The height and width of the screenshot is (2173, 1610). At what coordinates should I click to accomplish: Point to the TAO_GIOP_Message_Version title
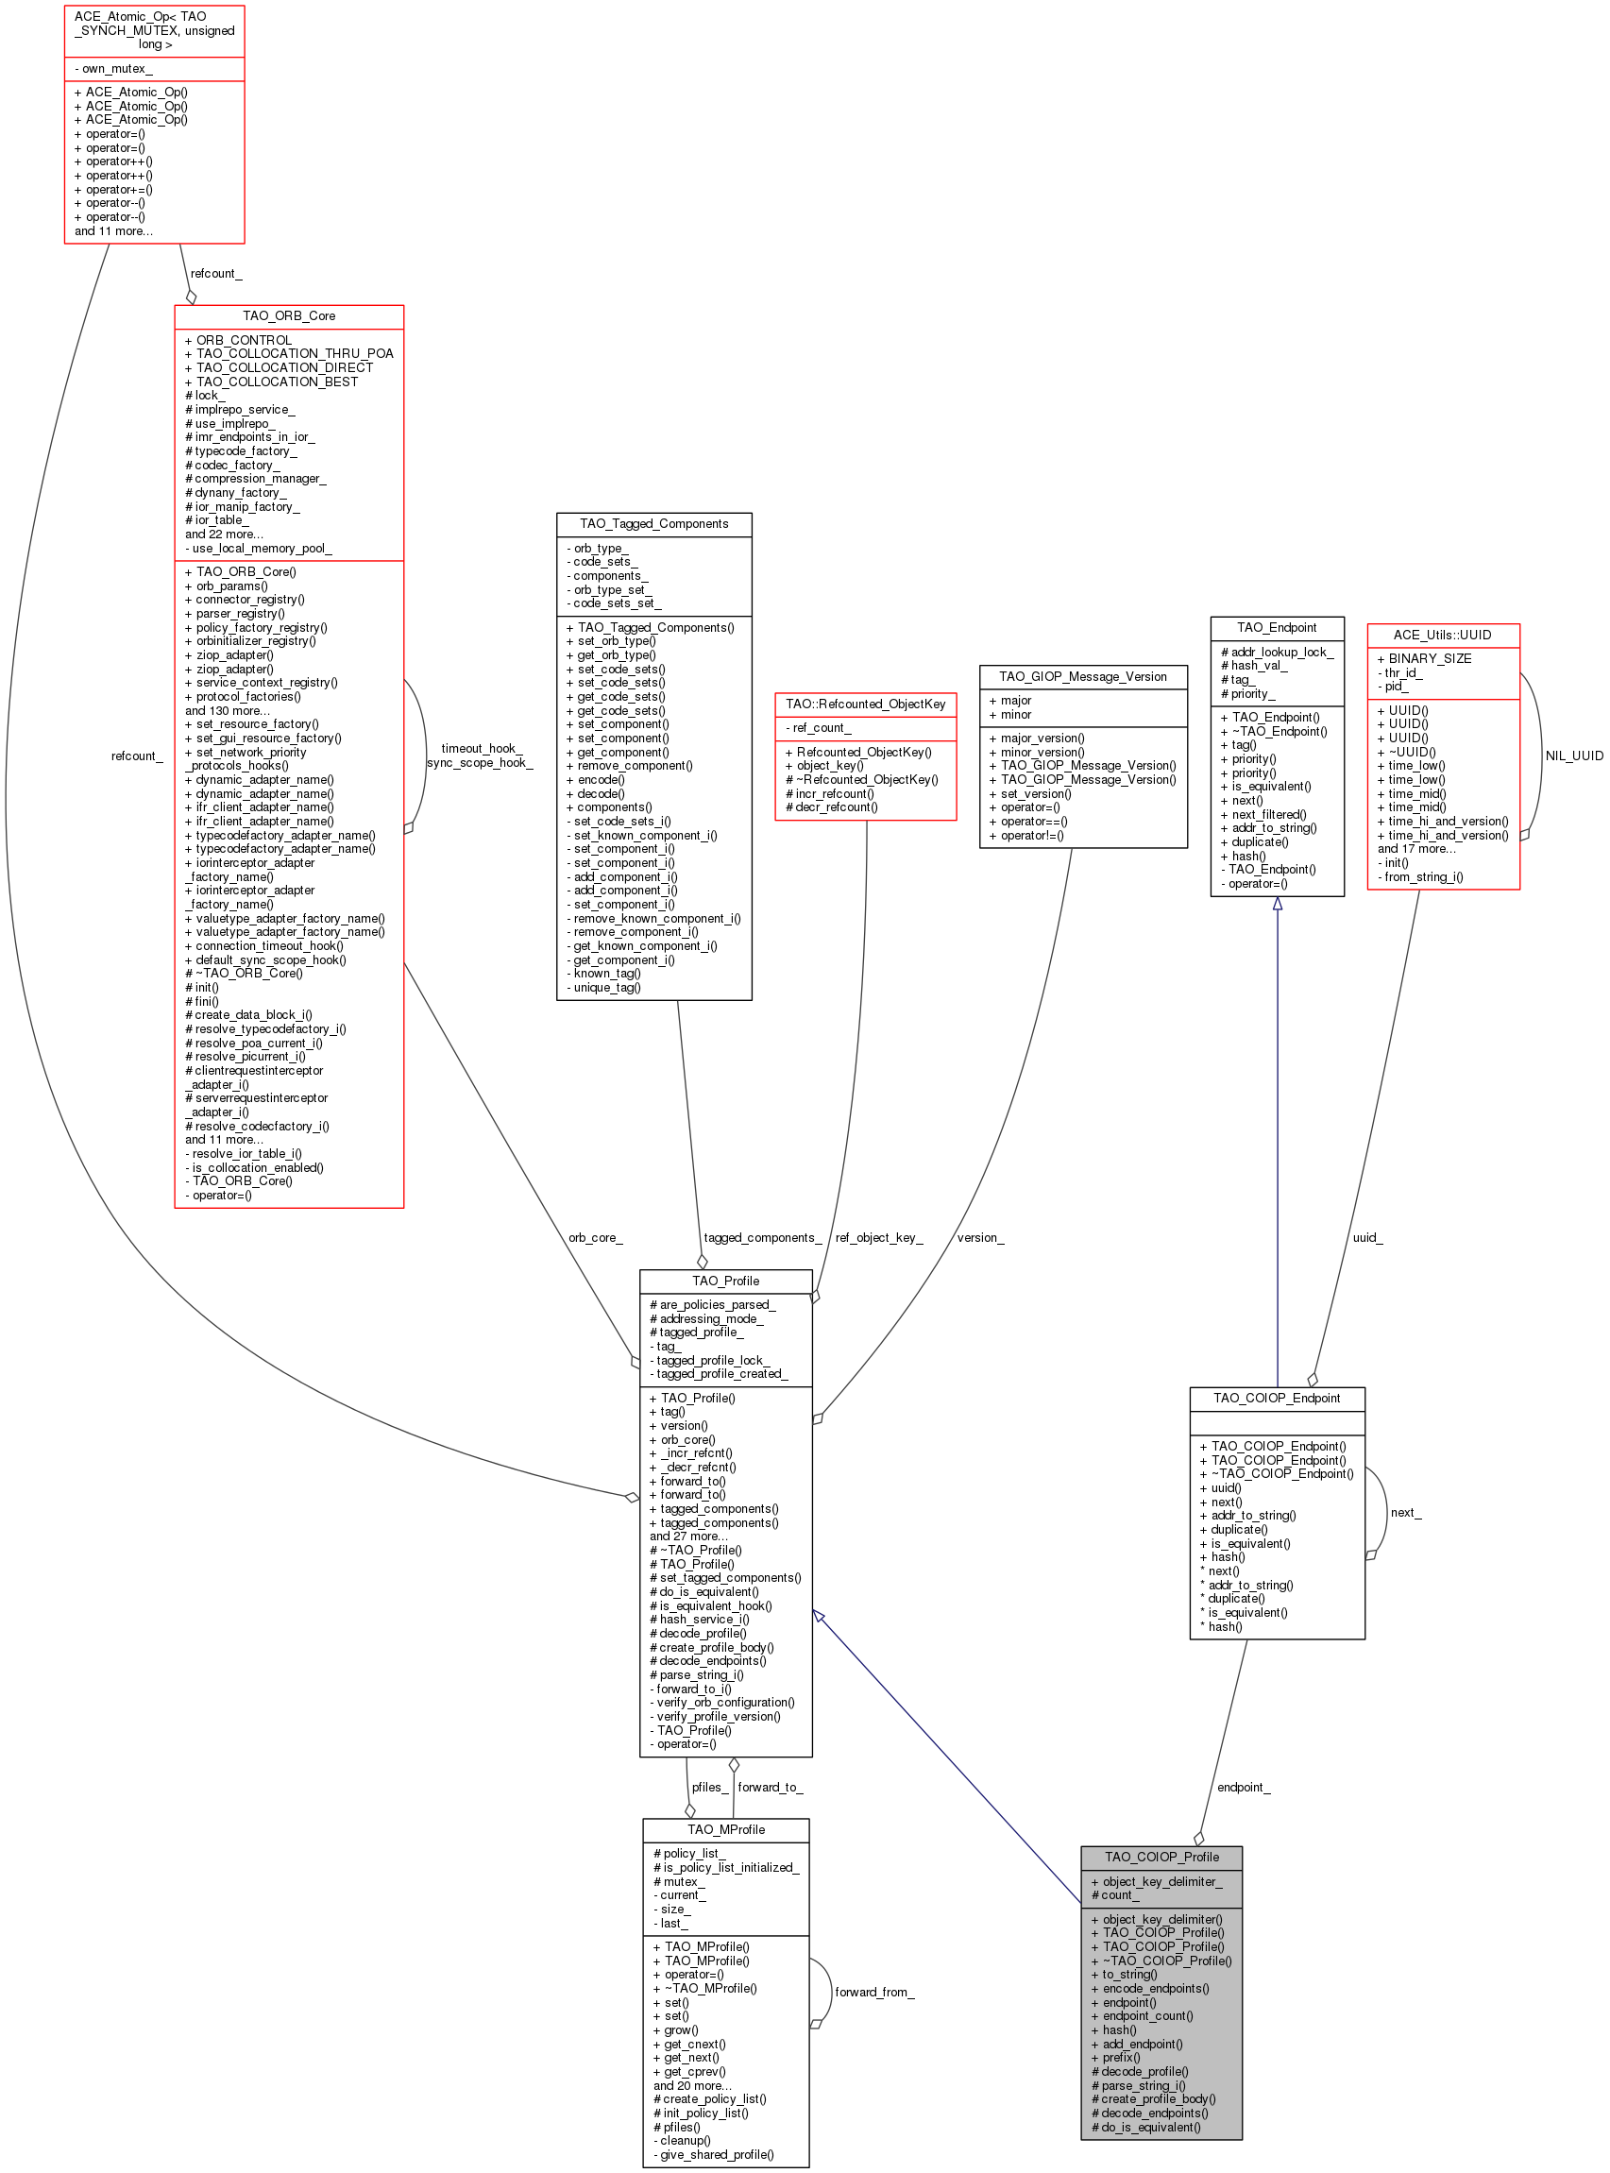click(x=1083, y=676)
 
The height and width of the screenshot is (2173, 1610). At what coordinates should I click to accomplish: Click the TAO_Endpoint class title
click(x=1277, y=628)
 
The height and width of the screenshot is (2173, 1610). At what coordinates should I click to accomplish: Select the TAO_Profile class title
click(x=725, y=1281)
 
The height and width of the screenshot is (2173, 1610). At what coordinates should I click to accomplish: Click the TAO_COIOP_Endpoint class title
click(x=1277, y=1398)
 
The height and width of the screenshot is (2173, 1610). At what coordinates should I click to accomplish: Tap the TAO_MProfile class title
click(x=725, y=1829)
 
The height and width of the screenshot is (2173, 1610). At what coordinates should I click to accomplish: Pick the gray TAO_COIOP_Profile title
click(x=1161, y=1857)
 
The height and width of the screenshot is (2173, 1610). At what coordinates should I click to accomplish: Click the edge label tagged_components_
click(x=762, y=1237)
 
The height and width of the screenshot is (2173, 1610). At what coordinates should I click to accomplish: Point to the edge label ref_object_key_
click(x=878, y=1237)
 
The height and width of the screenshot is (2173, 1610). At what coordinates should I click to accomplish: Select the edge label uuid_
click(x=1366, y=1237)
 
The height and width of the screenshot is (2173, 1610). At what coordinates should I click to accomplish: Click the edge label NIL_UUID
click(x=1574, y=755)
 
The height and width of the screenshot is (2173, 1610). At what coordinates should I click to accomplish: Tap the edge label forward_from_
click(x=874, y=1992)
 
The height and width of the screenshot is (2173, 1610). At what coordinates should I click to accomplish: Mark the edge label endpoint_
click(x=1243, y=1787)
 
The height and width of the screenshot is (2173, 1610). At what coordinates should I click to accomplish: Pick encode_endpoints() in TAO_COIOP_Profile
click(x=1155, y=1988)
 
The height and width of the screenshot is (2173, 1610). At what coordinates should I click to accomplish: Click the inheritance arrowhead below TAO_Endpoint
click(x=1277, y=905)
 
